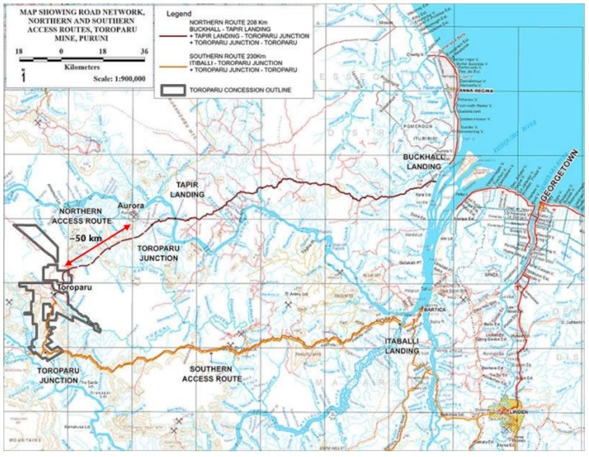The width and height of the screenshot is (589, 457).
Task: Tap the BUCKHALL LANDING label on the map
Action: (422, 162)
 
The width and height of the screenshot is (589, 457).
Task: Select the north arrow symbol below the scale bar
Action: (22, 75)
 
